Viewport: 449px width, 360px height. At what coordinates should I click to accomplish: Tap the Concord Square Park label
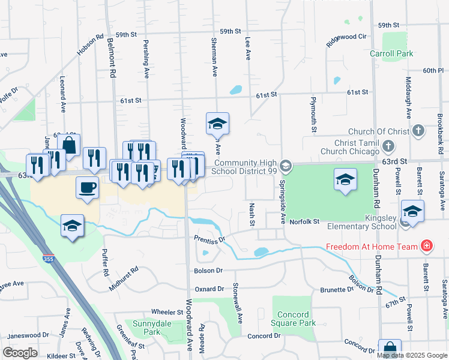coord(294,319)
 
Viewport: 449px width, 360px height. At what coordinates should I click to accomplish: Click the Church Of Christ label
coord(378,131)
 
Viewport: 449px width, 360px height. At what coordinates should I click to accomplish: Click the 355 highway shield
coord(49,259)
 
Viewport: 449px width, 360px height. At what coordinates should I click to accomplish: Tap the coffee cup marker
coord(87,187)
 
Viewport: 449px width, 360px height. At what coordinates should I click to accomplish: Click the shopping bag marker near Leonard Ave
coord(69,145)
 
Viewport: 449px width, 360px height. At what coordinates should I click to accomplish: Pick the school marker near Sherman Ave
coord(217,123)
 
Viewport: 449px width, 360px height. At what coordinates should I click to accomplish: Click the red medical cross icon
coord(427,246)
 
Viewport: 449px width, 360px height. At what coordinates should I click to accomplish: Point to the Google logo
coord(20,353)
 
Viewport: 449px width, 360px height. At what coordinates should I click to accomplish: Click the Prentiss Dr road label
coord(209,239)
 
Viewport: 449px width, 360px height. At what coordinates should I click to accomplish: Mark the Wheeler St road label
coord(167,312)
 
